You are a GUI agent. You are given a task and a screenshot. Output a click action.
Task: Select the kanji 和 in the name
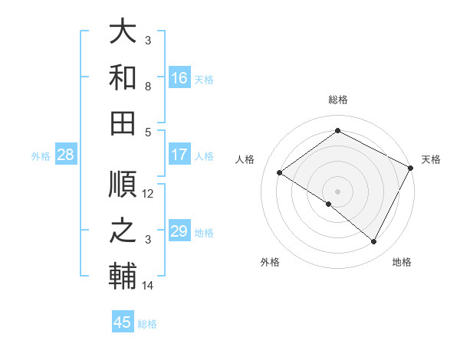click(123, 78)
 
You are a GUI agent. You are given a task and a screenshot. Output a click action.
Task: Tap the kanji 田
click(123, 123)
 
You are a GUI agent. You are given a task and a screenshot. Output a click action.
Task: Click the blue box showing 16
click(179, 78)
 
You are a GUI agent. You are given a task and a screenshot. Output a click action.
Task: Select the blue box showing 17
click(179, 155)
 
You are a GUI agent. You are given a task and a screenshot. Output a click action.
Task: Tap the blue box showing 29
click(179, 231)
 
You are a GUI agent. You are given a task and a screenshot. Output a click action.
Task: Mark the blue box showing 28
click(66, 155)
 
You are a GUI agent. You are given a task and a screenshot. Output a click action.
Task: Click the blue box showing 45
click(123, 322)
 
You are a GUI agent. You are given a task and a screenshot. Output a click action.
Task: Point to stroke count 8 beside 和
click(148, 87)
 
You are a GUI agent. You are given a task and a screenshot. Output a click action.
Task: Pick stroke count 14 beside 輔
click(148, 286)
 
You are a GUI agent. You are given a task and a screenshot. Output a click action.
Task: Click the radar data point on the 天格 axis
click(411, 168)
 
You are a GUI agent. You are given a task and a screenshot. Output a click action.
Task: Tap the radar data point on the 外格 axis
click(329, 204)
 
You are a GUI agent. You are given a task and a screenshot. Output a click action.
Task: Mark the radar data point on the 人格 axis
click(280, 173)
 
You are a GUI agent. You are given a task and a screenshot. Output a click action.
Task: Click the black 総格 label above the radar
click(337, 100)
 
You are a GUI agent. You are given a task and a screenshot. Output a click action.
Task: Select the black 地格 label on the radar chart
click(402, 263)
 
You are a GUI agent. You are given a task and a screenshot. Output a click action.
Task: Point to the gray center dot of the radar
click(337, 191)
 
